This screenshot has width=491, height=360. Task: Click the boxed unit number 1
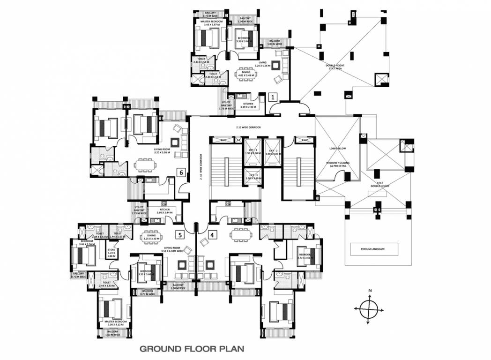(x=274, y=97)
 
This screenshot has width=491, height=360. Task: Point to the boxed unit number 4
(x=212, y=234)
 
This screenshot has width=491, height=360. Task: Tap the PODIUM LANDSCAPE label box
(x=373, y=249)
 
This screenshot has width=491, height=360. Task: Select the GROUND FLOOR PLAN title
(x=192, y=349)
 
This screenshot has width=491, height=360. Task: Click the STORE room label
(x=112, y=253)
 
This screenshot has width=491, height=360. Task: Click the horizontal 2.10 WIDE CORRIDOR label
(x=248, y=127)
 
